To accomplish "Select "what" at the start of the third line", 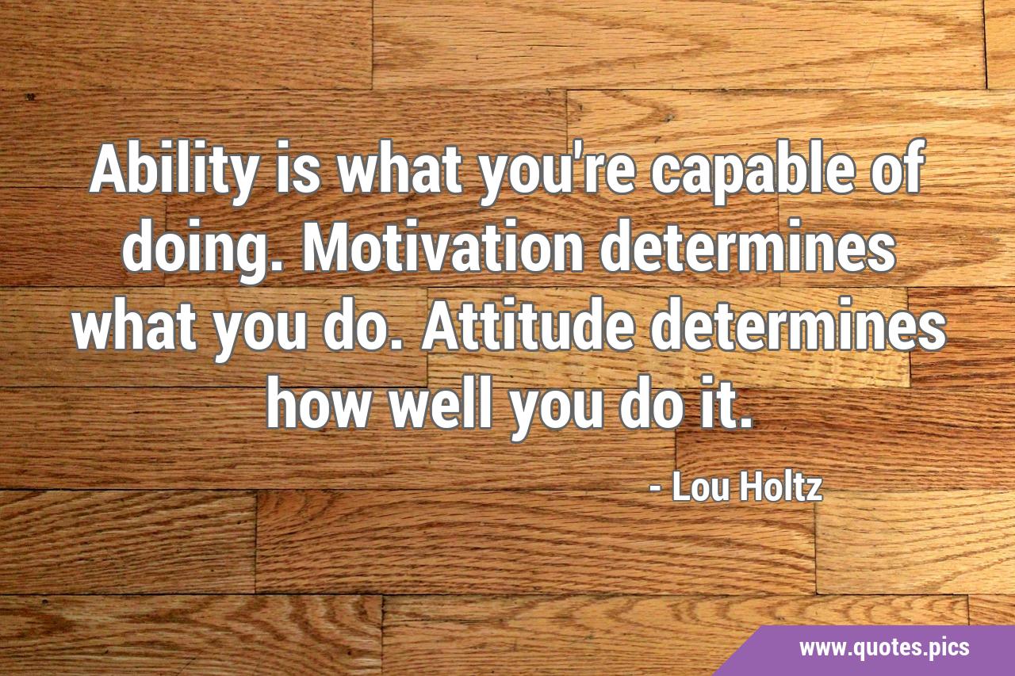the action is tap(135, 325).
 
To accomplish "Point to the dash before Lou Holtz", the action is tap(656, 490).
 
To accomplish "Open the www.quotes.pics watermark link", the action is tap(884, 648).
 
